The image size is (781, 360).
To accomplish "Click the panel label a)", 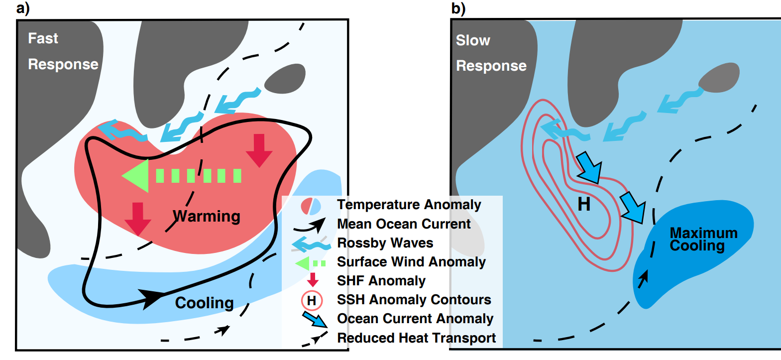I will [23, 8].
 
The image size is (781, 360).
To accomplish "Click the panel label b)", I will [458, 8].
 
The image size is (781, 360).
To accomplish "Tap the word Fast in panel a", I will [43, 38].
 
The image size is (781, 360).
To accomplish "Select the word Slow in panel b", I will [473, 40].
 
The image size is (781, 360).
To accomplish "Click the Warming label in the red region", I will [207, 216].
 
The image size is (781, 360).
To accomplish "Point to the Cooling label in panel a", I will [204, 303].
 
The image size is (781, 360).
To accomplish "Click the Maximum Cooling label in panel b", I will [703, 239].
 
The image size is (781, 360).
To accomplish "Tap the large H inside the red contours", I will [584, 204].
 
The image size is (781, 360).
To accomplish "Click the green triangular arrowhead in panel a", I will [136, 175].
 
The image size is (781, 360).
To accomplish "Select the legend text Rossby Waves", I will [385, 243].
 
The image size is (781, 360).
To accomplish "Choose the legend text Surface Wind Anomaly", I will [411, 262].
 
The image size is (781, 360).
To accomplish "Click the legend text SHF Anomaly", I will [381, 281].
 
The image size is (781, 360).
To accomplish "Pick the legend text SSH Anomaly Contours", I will [414, 300].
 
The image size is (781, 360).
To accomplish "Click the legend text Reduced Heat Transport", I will [416, 338].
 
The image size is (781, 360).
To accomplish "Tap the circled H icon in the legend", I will [312, 301].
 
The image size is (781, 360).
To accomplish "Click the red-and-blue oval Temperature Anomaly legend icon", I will [311, 206].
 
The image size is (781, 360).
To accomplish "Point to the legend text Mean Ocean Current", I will [403, 224].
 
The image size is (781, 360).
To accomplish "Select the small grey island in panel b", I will [719, 78].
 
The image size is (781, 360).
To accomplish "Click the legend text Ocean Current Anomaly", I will [415, 319].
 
